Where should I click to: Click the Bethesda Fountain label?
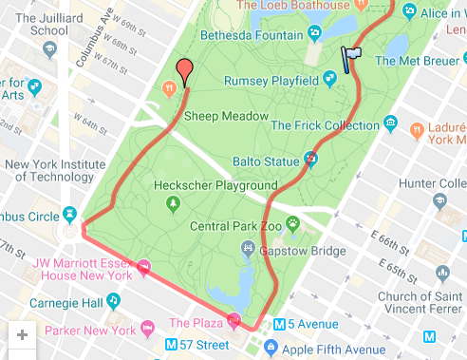[252, 36]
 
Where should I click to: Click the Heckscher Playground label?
[210, 185]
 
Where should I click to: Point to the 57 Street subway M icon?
[173, 344]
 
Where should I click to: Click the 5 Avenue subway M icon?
[279, 324]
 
